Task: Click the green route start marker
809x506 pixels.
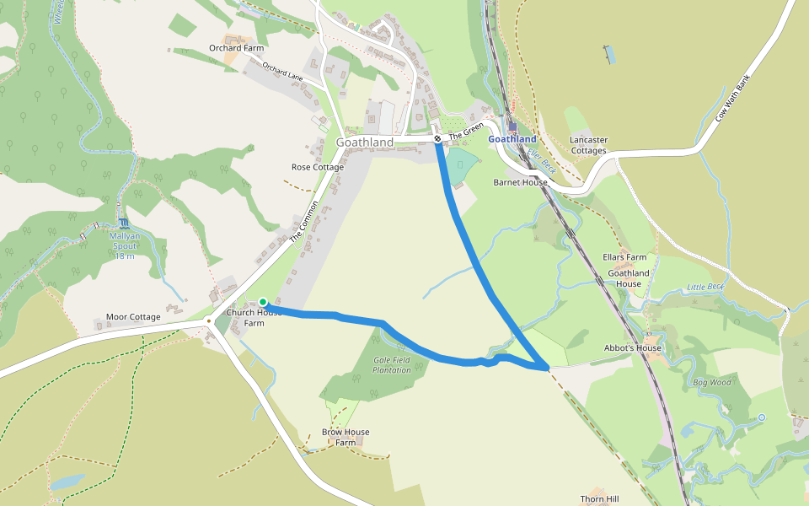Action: (x=263, y=302)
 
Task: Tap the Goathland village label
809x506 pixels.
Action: (x=365, y=143)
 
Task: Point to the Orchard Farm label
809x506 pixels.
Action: (x=236, y=48)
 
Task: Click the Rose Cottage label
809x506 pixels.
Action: (x=318, y=167)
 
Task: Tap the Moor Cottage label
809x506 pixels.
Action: (x=133, y=317)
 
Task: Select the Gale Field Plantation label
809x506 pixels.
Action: (x=392, y=364)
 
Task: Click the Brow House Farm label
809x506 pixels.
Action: (x=346, y=437)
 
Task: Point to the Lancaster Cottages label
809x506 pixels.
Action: (x=588, y=145)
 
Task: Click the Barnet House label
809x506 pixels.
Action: (x=520, y=182)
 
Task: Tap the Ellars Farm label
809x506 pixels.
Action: (x=624, y=257)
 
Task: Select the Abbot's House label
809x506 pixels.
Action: (x=633, y=347)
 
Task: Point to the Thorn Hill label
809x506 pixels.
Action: (x=599, y=499)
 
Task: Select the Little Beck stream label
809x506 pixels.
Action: (x=705, y=287)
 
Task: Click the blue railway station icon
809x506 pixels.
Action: (x=512, y=126)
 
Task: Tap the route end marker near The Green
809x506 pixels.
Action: (x=437, y=138)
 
